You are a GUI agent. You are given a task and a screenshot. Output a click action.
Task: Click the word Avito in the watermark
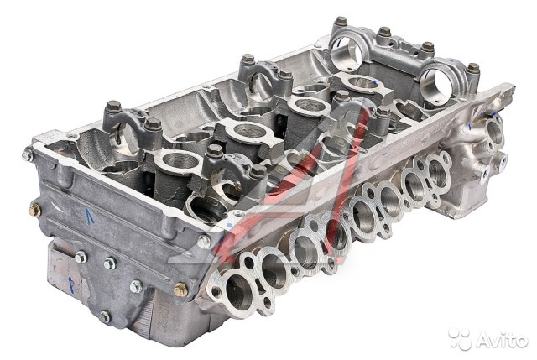[x=502, y=341]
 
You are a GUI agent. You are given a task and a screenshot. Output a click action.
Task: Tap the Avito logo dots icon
[x=461, y=339]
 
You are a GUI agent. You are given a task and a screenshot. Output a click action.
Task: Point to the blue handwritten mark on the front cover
[x=90, y=217]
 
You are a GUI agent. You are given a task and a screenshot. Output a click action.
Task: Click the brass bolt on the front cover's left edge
[x=34, y=210]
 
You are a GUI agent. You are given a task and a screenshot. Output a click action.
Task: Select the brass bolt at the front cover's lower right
[x=181, y=290]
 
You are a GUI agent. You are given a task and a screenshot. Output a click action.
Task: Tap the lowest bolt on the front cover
[x=105, y=316]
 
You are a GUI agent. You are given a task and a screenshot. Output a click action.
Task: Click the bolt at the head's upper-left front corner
[x=28, y=155]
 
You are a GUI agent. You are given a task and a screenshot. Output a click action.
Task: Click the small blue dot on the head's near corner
[x=229, y=225]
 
